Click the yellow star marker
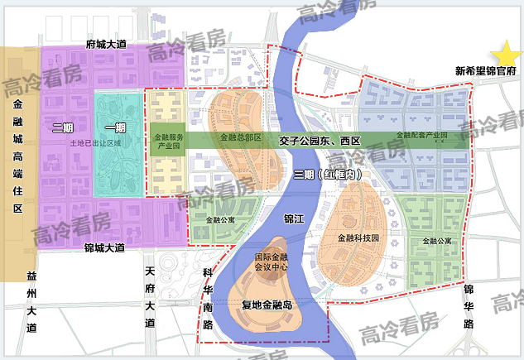[x=506, y=52]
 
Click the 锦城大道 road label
[x=104, y=247]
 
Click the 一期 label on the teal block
[x=116, y=127]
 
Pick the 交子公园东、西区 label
[x=320, y=141]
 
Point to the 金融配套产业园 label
[x=421, y=135]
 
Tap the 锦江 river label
[x=294, y=219]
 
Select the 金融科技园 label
[x=358, y=238]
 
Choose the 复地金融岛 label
[x=267, y=304]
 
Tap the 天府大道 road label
[x=150, y=297]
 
